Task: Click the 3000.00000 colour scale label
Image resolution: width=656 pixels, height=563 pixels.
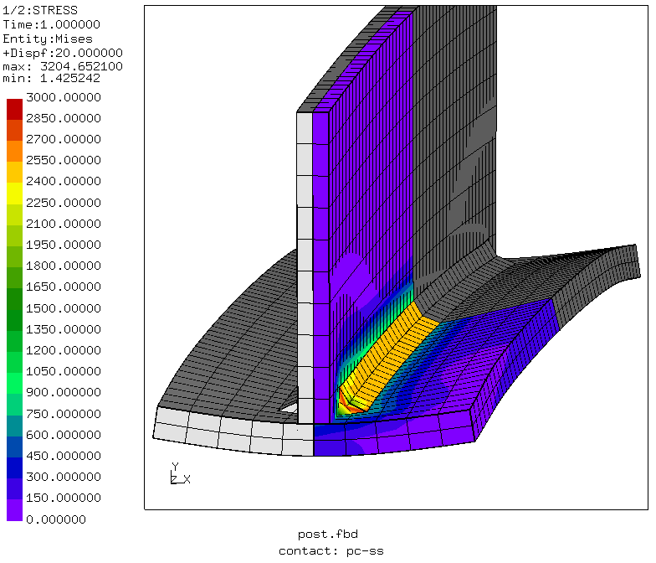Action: (x=64, y=97)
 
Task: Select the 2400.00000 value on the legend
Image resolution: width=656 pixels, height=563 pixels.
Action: (x=64, y=181)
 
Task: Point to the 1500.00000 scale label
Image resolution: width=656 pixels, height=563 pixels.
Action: (x=64, y=308)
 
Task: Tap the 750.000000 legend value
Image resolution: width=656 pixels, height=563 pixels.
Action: (x=64, y=414)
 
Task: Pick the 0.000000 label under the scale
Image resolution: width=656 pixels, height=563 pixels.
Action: (x=55, y=519)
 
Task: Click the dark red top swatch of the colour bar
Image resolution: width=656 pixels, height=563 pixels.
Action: (x=15, y=109)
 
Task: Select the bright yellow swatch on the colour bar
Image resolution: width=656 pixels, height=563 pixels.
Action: (x=15, y=194)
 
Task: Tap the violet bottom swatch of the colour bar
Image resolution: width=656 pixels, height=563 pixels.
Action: (x=15, y=509)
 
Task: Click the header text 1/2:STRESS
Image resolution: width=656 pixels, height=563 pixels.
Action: (x=40, y=10)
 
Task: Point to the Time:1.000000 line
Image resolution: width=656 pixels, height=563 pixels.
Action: (x=52, y=24)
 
